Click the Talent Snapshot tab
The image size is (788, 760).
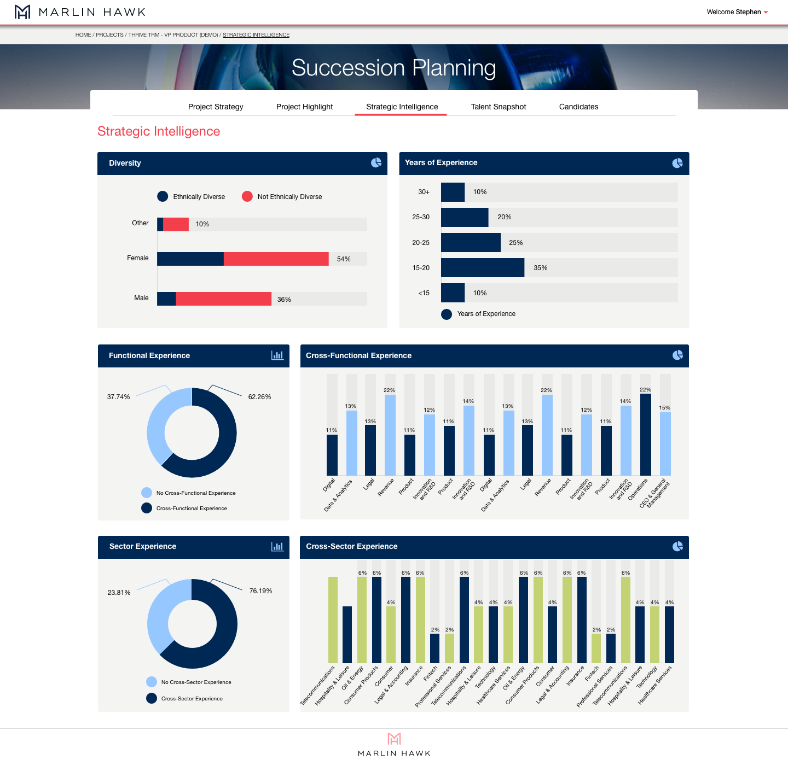(x=498, y=107)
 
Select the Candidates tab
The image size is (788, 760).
(x=578, y=107)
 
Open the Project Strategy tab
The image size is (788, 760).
(x=216, y=107)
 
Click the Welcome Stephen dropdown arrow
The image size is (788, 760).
(x=766, y=13)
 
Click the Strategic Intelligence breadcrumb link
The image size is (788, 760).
(x=256, y=35)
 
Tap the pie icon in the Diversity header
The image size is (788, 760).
(x=376, y=163)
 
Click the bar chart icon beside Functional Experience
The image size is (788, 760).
(x=277, y=355)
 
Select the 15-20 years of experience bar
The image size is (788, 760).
(x=482, y=267)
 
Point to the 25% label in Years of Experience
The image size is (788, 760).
(x=515, y=242)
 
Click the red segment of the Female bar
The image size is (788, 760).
(x=276, y=259)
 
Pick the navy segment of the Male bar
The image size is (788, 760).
(x=166, y=299)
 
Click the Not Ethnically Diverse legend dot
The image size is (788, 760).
(x=247, y=196)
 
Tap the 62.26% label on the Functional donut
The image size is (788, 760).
(x=259, y=396)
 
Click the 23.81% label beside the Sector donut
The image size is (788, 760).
(x=119, y=593)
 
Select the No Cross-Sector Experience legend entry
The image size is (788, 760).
(x=189, y=682)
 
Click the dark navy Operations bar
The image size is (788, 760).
(x=646, y=435)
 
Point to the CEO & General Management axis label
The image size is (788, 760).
(x=654, y=493)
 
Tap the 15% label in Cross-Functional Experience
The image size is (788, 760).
(x=664, y=407)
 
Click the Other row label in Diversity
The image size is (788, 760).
(x=140, y=223)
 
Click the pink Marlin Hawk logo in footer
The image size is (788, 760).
(x=394, y=739)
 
